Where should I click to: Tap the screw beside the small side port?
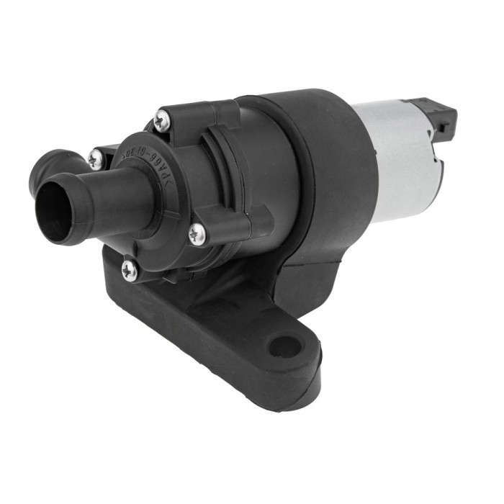[x=94, y=159]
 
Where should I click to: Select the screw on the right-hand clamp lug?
[x=197, y=233]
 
